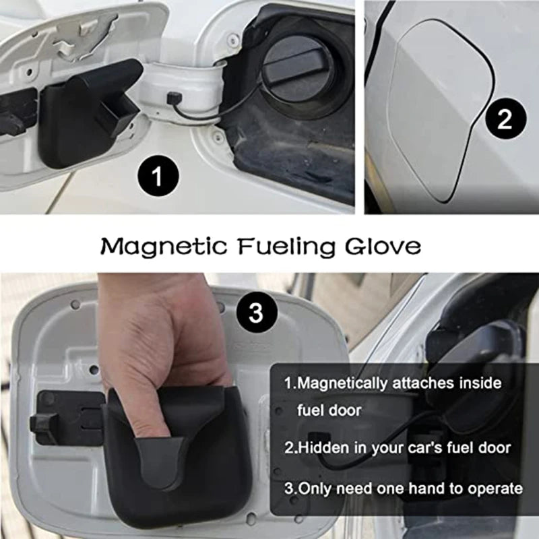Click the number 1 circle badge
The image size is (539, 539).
click(x=156, y=178)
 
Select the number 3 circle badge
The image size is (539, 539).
click(x=255, y=313)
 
